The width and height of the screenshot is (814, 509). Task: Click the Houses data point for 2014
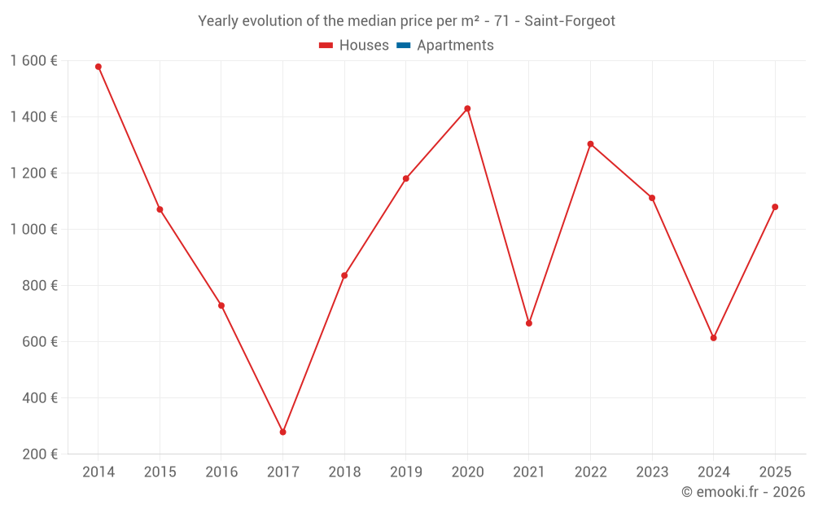pos(98,67)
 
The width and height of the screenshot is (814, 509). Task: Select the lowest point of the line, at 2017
pos(282,432)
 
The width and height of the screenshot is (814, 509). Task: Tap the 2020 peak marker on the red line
pos(467,108)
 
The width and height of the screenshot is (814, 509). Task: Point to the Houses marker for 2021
pos(529,323)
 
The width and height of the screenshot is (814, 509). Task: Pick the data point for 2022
pos(590,144)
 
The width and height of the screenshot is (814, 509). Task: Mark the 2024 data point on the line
pos(713,337)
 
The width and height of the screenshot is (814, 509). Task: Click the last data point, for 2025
pos(775,207)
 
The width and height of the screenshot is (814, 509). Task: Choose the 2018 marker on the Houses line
pos(344,275)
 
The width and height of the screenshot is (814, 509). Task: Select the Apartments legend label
pos(455,46)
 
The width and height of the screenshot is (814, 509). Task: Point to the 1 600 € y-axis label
pos(34,61)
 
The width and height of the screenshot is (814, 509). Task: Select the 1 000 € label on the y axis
pos(34,230)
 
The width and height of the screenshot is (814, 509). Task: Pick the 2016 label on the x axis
pos(221,472)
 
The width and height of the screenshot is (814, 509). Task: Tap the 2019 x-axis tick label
pos(405,472)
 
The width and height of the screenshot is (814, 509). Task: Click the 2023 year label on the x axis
pos(652,472)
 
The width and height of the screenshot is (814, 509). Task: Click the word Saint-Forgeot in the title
pos(569,21)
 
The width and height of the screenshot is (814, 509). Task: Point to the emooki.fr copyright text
pos(742,492)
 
